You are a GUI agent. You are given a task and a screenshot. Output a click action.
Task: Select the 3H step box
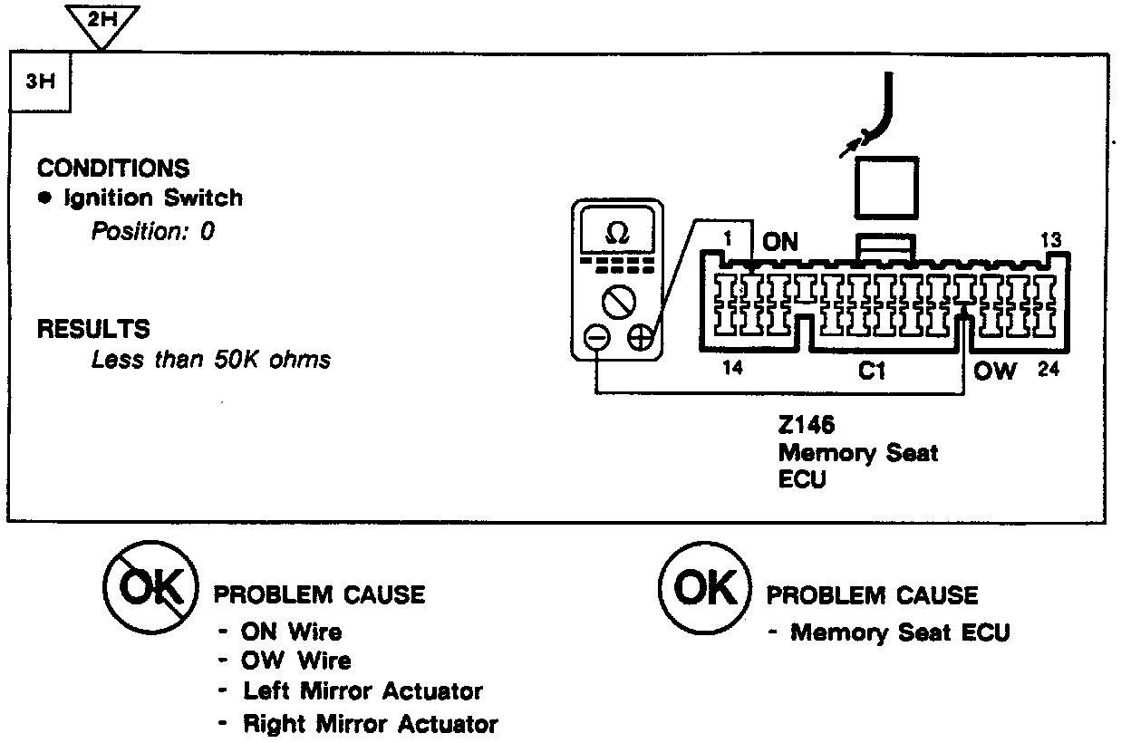tap(40, 82)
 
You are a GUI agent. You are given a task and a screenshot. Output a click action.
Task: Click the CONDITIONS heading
tap(113, 169)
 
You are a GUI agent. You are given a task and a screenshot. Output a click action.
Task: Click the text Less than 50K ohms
tap(211, 360)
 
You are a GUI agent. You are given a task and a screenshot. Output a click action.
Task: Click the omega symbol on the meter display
tap(616, 233)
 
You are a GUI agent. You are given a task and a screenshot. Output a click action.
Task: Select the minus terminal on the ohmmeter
tap(596, 337)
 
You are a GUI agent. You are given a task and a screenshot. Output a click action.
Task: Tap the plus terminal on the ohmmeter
tap(640, 337)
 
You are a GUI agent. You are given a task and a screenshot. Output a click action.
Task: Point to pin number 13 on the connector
tap(1050, 241)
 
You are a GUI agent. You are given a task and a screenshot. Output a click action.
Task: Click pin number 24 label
tap(1048, 370)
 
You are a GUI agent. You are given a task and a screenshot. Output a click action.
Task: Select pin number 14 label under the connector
tap(734, 369)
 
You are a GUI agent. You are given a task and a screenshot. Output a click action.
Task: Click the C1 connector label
tap(871, 371)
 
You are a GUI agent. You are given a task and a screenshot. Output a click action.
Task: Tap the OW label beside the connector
tap(995, 371)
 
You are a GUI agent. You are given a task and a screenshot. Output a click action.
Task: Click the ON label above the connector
tap(780, 242)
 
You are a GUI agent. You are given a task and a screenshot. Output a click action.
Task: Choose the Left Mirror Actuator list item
tap(362, 691)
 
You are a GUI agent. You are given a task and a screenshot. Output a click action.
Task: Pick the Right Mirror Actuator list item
tap(370, 724)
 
